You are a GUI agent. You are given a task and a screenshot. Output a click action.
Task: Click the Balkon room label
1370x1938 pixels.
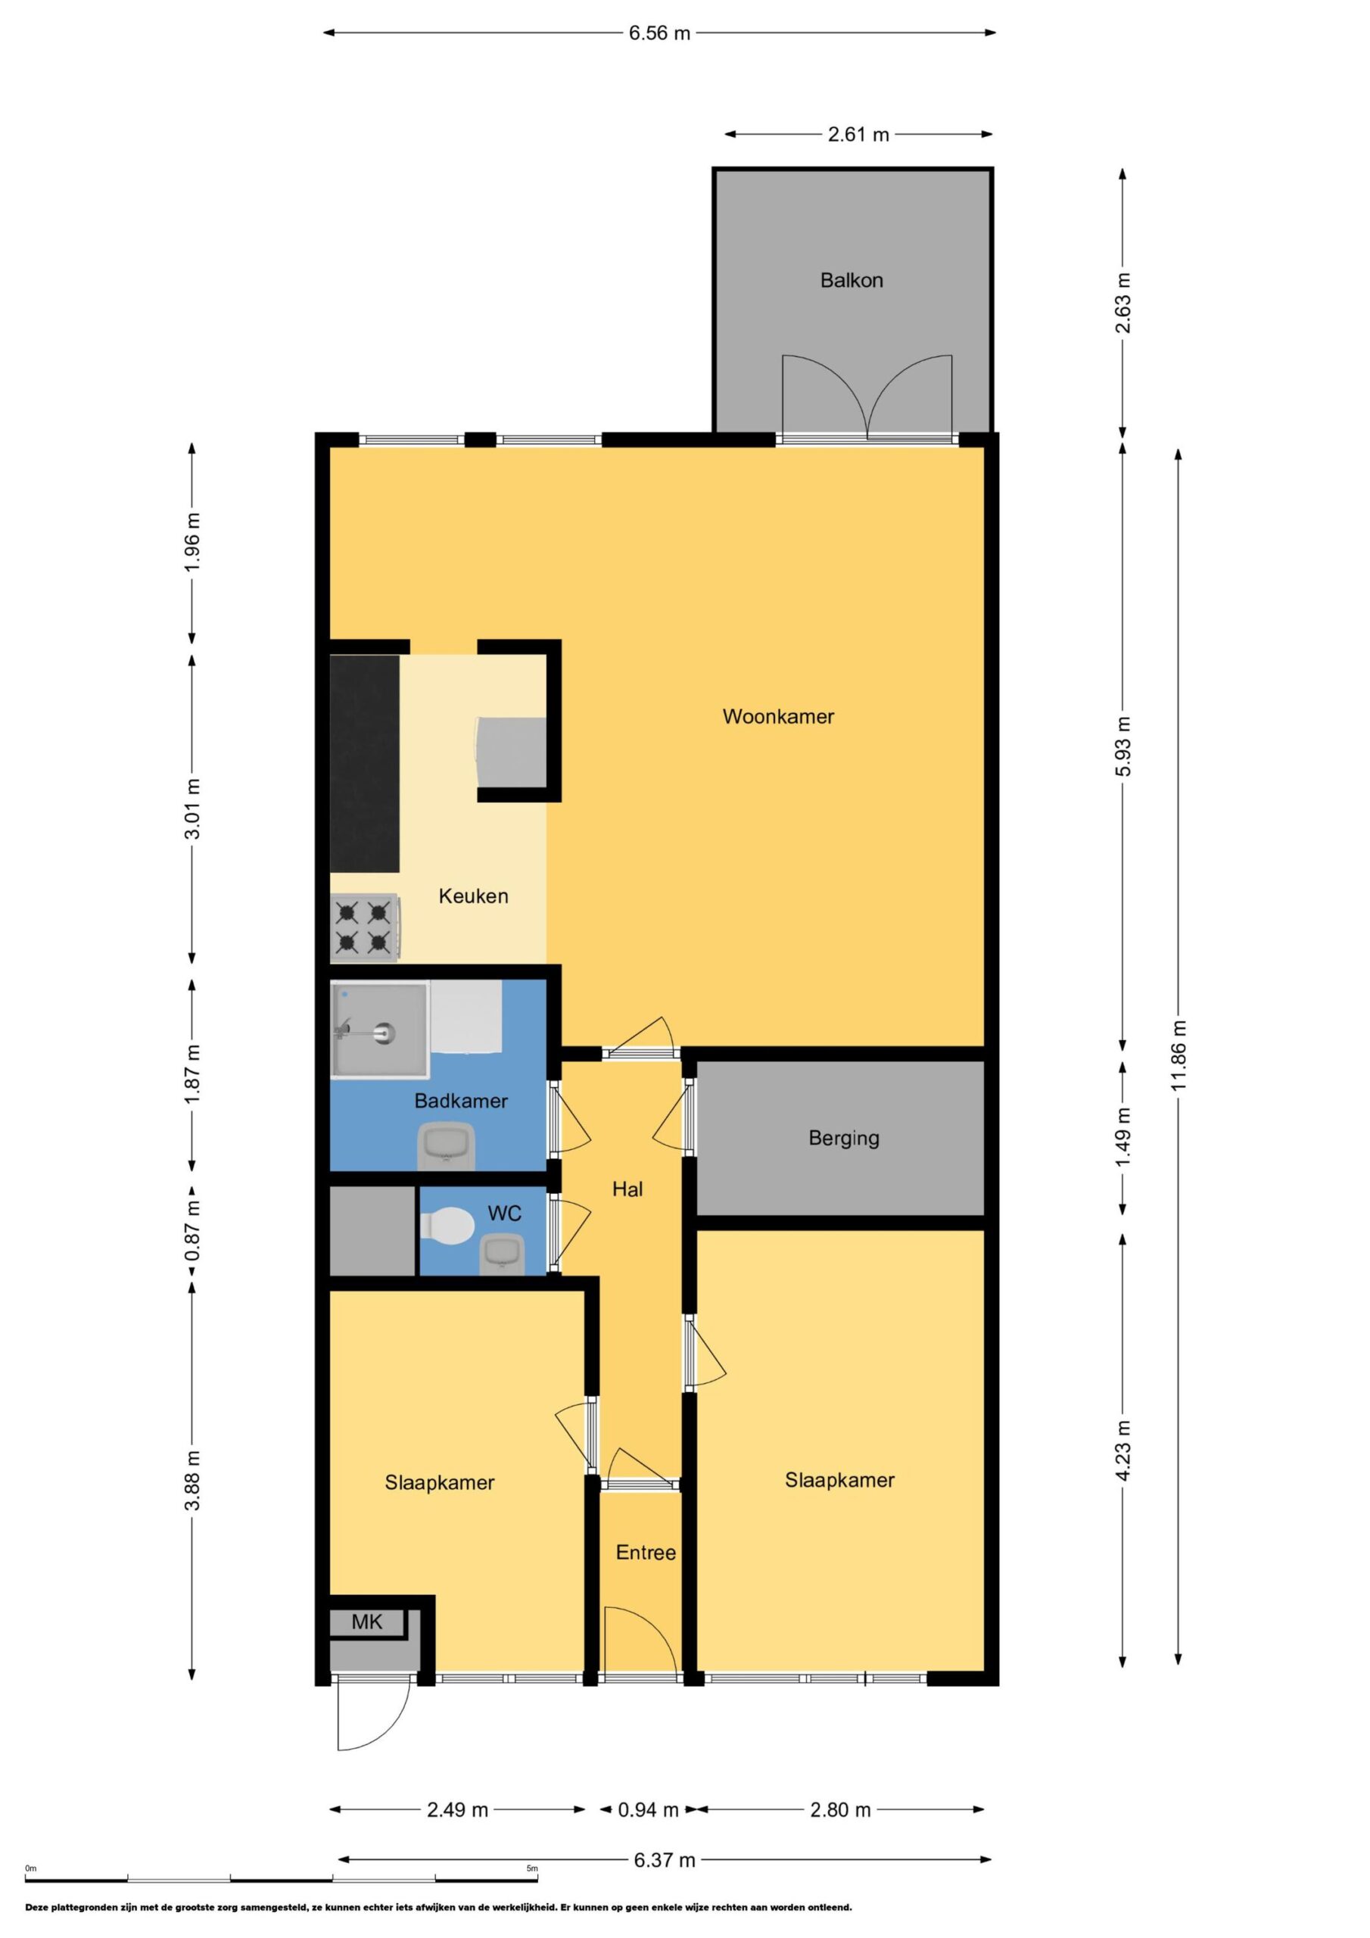click(851, 280)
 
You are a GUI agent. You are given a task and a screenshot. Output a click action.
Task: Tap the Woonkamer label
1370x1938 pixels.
click(778, 717)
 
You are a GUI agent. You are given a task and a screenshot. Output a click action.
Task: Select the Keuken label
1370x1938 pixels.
click(474, 896)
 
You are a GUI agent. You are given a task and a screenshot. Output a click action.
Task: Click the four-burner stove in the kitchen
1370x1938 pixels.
click(365, 928)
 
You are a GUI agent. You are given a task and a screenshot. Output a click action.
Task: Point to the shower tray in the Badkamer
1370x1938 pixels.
click(380, 1030)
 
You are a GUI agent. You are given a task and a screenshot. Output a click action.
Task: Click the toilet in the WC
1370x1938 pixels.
click(447, 1225)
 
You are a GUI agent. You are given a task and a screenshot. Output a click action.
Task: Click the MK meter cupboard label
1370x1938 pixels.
click(367, 1622)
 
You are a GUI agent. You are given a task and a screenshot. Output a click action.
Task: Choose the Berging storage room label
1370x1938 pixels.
click(844, 1139)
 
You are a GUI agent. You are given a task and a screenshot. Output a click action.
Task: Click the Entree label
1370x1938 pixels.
click(646, 1553)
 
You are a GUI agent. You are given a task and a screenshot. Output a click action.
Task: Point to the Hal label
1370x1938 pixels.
click(627, 1189)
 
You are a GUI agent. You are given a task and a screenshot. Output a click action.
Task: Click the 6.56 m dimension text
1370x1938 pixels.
click(659, 33)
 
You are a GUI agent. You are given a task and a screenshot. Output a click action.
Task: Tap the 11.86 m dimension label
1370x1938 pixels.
click(1179, 1055)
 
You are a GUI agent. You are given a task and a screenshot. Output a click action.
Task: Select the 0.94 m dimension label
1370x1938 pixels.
click(648, 1810)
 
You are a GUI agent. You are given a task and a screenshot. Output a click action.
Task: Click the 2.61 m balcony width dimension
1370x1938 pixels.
click(858, 134)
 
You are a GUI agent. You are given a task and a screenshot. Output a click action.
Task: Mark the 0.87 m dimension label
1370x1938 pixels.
click(192, 1232)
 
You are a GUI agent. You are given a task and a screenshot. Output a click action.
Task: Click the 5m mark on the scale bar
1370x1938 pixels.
click(532, 1868)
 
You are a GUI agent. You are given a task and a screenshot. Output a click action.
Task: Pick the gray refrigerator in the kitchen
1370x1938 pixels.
click(512, 751)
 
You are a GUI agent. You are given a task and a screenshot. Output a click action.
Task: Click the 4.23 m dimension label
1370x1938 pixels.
click(1122, 1450)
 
